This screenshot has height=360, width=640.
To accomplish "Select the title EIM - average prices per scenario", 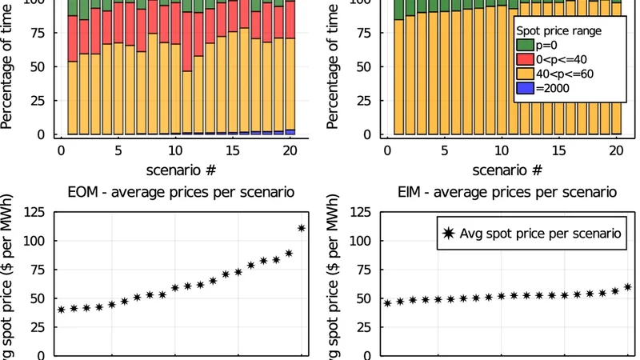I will (507, 192).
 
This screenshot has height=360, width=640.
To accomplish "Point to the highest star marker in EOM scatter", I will (302, 228).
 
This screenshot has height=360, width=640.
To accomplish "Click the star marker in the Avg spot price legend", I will (448, 233).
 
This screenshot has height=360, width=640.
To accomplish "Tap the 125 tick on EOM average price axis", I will (34, 212).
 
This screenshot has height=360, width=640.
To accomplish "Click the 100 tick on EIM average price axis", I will (361, 241).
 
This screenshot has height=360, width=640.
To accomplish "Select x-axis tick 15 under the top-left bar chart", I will (233, 150).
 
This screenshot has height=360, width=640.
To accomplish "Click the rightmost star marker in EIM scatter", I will (628, 286).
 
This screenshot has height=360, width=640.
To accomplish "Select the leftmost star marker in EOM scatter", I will (61, 310).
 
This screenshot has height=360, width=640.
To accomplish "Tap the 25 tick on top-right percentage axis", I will (370, 101).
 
